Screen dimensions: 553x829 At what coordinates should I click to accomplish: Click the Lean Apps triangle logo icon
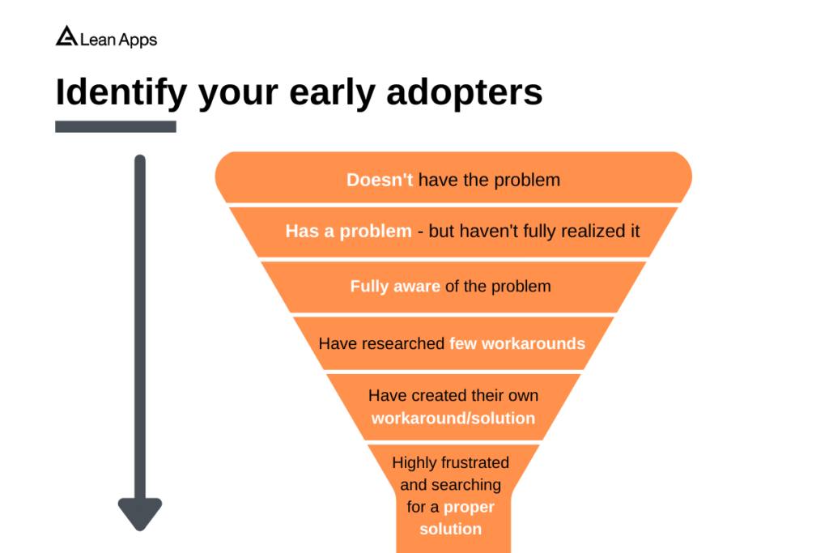pyautogui.click(x=66, y=36)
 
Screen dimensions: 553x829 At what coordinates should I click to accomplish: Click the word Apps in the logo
pyautogui.click(x=138, y=39)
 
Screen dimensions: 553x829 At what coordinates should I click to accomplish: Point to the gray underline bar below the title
pyautogui.click(x=115, y=126)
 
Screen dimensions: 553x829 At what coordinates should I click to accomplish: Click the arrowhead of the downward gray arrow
pyautogui.click(x=140, y=514)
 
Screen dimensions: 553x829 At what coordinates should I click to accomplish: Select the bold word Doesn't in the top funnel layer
pyautogui.click(x=380, y=180)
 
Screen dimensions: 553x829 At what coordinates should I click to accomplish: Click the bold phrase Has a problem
pyautogui.click(x=348, y=232)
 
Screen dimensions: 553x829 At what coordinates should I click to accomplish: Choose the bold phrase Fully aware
pyautogui.click(x=395, y=287)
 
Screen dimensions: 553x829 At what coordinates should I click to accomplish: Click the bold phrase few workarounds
pyautogui.click(x=517, y=343)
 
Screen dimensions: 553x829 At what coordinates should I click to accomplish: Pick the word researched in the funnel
pyautogui.click(x=405, y=343)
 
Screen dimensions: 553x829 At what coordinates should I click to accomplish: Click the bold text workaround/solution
pyautogui.click(x=453, y=419)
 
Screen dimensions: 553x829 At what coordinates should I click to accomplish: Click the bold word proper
pyautogui.click(x=468, y=507)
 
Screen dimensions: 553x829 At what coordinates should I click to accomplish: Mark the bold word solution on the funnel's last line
pyautogui.click(x=450, y=529)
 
